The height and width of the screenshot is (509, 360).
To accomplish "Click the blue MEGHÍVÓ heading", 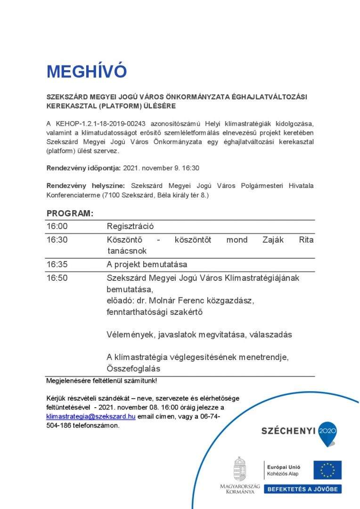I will [87, 72].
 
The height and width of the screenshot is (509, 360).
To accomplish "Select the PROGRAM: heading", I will [70, 213].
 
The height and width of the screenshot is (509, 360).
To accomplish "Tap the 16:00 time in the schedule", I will [57, 226].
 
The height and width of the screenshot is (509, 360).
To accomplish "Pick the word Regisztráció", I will [130, 226].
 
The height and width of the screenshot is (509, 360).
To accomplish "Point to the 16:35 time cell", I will [57, 264].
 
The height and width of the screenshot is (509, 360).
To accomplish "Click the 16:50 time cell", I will [57, 278].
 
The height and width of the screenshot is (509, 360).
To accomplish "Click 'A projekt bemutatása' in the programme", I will [147, 264].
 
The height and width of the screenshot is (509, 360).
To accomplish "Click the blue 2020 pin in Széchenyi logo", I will [327, 433].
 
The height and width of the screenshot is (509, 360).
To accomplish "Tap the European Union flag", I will [327, 470].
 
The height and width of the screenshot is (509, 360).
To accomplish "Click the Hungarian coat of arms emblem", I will [240, 468].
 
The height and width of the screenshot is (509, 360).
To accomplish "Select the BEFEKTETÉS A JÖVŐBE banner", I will [303, 489].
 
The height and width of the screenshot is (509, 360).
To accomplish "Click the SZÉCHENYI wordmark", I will [289, 430].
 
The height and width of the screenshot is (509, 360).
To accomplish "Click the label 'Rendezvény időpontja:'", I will [84, 168].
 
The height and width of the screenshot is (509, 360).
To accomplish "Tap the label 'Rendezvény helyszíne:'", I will [86, 186].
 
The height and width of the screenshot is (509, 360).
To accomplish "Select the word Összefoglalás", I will [133, 369].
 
